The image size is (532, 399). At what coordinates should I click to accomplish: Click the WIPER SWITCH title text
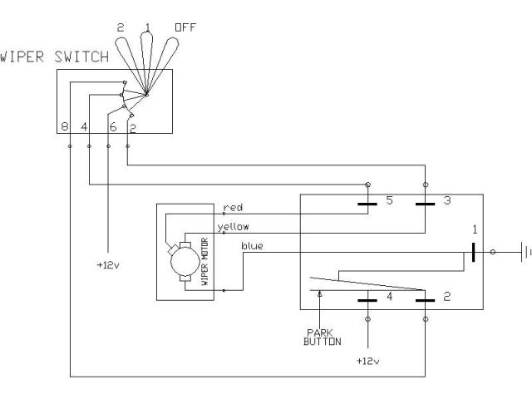coord(54,57)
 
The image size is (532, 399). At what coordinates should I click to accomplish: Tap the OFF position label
coord(185,27)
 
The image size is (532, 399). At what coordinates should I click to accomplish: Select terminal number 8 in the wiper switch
coord(65,127)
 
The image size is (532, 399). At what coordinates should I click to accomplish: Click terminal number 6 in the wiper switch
coord(113,127)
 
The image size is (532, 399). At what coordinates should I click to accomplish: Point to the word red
coord(233,207)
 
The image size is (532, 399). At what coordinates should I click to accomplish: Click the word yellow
coord(234,227)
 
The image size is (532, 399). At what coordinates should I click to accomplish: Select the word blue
coord(252,246)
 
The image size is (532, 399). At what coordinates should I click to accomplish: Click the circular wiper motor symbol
coord(185,261)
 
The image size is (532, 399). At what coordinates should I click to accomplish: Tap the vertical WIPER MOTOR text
coord(204,262)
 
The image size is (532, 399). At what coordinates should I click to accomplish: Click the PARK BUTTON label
coord(322,337)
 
